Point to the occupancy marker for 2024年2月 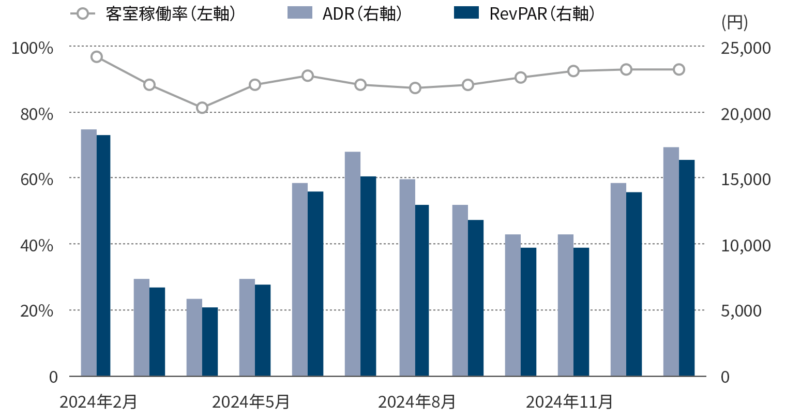(x=97, y=57)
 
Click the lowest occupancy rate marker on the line (x=202, y=108)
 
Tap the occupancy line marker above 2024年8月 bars (x=415, y=88)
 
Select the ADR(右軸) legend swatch (x=300, y=13)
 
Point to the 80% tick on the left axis (x=37, y=114)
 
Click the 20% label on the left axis (x=37, y=311)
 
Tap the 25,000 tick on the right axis (x=746, y=48)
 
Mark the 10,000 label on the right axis (x=746, y=245)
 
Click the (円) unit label (x=734, y=23)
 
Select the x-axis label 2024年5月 (x=251, y=402)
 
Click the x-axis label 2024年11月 (x=569, y=402)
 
